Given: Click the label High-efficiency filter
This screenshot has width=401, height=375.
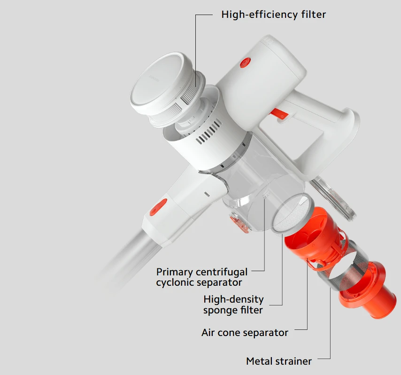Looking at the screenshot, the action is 273,15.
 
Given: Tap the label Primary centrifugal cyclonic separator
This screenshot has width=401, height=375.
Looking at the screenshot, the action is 202,277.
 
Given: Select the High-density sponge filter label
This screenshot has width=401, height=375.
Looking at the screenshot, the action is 233,305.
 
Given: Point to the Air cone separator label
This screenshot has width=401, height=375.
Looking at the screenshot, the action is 245,333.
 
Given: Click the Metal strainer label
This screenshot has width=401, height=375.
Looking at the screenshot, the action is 279,361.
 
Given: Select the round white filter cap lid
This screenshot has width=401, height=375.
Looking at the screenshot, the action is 156,86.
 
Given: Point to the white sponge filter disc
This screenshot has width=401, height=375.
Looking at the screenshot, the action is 293,213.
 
